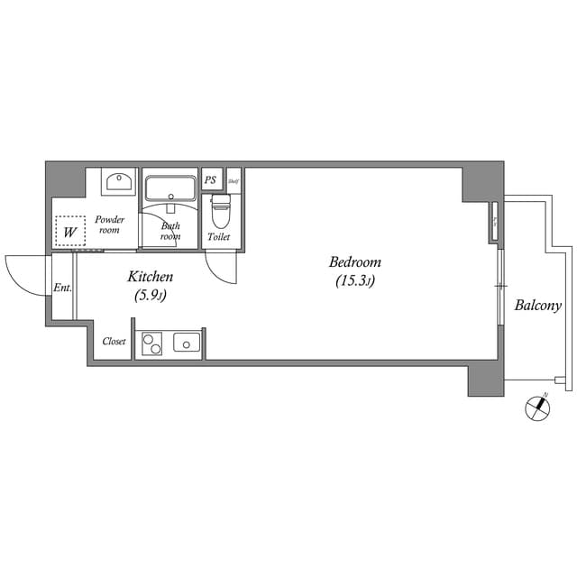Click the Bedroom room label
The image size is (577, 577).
coord(354,262)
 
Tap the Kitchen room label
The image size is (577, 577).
coord(150,277)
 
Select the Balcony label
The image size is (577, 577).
coord(537,306)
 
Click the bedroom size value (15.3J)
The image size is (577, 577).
coord(354,281)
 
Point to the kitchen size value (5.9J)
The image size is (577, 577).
coord(150,295)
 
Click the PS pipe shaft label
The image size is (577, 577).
coord(211,179)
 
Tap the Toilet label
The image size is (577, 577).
coord(219,237)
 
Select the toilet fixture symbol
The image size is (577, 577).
coord(219,213)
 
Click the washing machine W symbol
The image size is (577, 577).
coord(69,232)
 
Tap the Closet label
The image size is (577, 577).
coord(114,342)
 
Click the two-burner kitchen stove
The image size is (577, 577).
coord(151,344)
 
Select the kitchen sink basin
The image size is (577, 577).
coord(187,343)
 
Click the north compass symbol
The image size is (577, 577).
coord(538,408)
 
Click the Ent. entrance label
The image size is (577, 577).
coord(62,288)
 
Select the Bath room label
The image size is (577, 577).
coord(170,231)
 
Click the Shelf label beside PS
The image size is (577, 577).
coord(234,179)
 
